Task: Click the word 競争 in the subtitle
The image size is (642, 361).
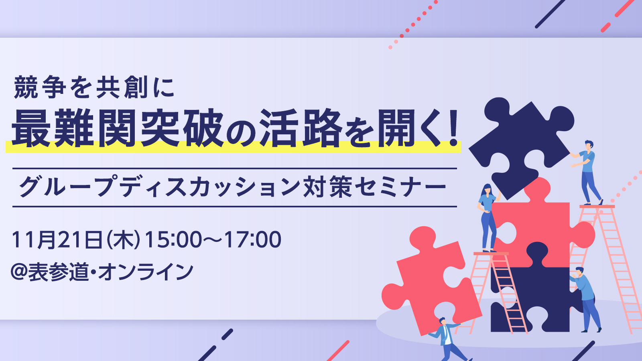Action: pyautogui.click(x=40, y=87)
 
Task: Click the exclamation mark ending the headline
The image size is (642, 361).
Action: pyautogui.click(x=453, y=128)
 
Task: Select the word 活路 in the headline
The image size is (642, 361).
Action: pyautogui.click(x=301, y=128)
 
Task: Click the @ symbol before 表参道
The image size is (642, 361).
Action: pyautogui.click(x=19, y=271)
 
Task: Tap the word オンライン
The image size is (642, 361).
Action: pyautogui.click(x=145, y=271)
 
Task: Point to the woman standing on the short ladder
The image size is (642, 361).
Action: pyautogui.click(x=488, y=218)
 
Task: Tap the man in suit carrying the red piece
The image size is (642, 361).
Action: pyautogui.click(x=449, y=339)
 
